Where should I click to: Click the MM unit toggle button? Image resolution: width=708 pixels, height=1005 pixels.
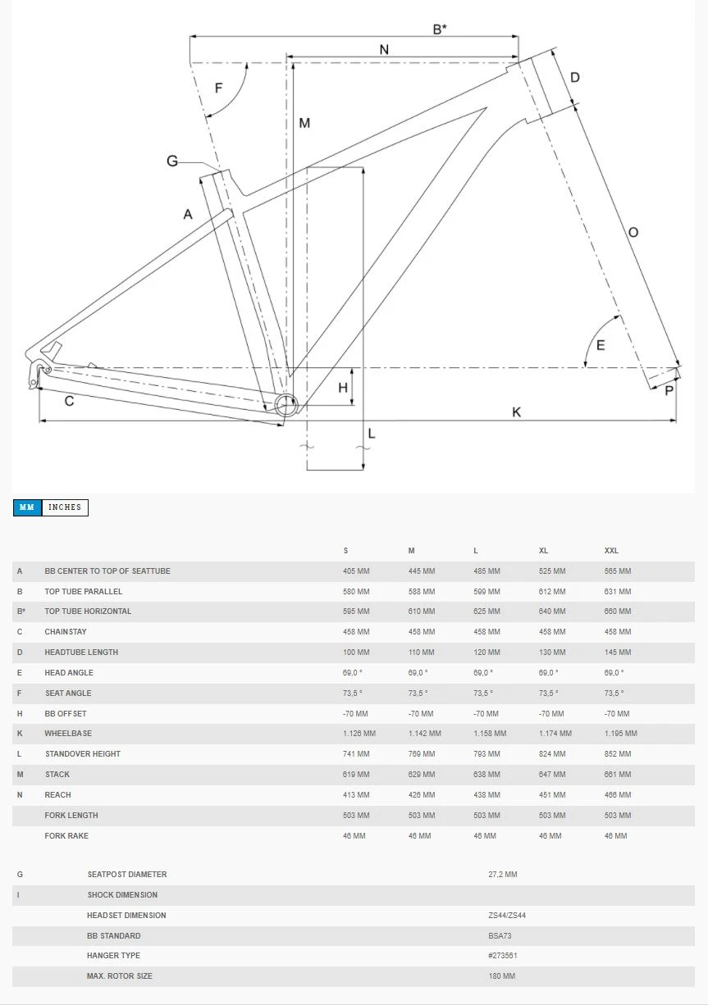(x=27, y=507)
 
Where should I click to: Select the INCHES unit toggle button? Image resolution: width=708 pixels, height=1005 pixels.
(x=65, y=507)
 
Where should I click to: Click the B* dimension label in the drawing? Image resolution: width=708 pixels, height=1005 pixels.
(x=440, y=30)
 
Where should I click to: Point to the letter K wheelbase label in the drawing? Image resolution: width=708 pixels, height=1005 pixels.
(x=517, y=412)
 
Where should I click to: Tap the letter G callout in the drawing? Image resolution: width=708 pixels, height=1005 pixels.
(x=172, y=161)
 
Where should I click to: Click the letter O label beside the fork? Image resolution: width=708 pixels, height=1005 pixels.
(x=633, y=233)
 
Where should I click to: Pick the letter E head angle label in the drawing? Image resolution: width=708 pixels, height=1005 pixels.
(x=601, y=345)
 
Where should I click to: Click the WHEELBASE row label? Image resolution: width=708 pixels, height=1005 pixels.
(x=68, y=734)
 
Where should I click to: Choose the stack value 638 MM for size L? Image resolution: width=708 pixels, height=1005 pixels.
(x=486, y=775)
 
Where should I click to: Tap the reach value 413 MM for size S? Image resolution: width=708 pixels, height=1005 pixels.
(x=356, y=795)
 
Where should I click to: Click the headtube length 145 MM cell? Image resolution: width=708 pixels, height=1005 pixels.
(x=618, y=653)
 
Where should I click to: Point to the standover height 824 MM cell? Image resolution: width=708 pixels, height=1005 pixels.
(x=552, y=754)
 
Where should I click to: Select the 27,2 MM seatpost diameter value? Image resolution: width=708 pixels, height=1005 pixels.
(x=503, y=875)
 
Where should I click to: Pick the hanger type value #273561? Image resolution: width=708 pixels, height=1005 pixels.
(x=503, y=956)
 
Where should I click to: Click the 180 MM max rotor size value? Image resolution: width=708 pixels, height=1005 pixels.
(x=501, y=976)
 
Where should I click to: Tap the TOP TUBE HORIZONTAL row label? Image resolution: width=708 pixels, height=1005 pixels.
(x=88, y=612)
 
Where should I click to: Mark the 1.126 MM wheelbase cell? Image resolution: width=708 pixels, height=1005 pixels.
(x=359, y=734)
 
